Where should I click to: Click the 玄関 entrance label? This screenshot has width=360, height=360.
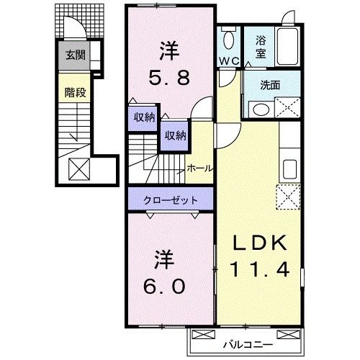coord(75,55)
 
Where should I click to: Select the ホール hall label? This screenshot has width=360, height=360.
coord(199,168)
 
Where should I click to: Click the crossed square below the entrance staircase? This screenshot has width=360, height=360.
coord(77,170)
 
